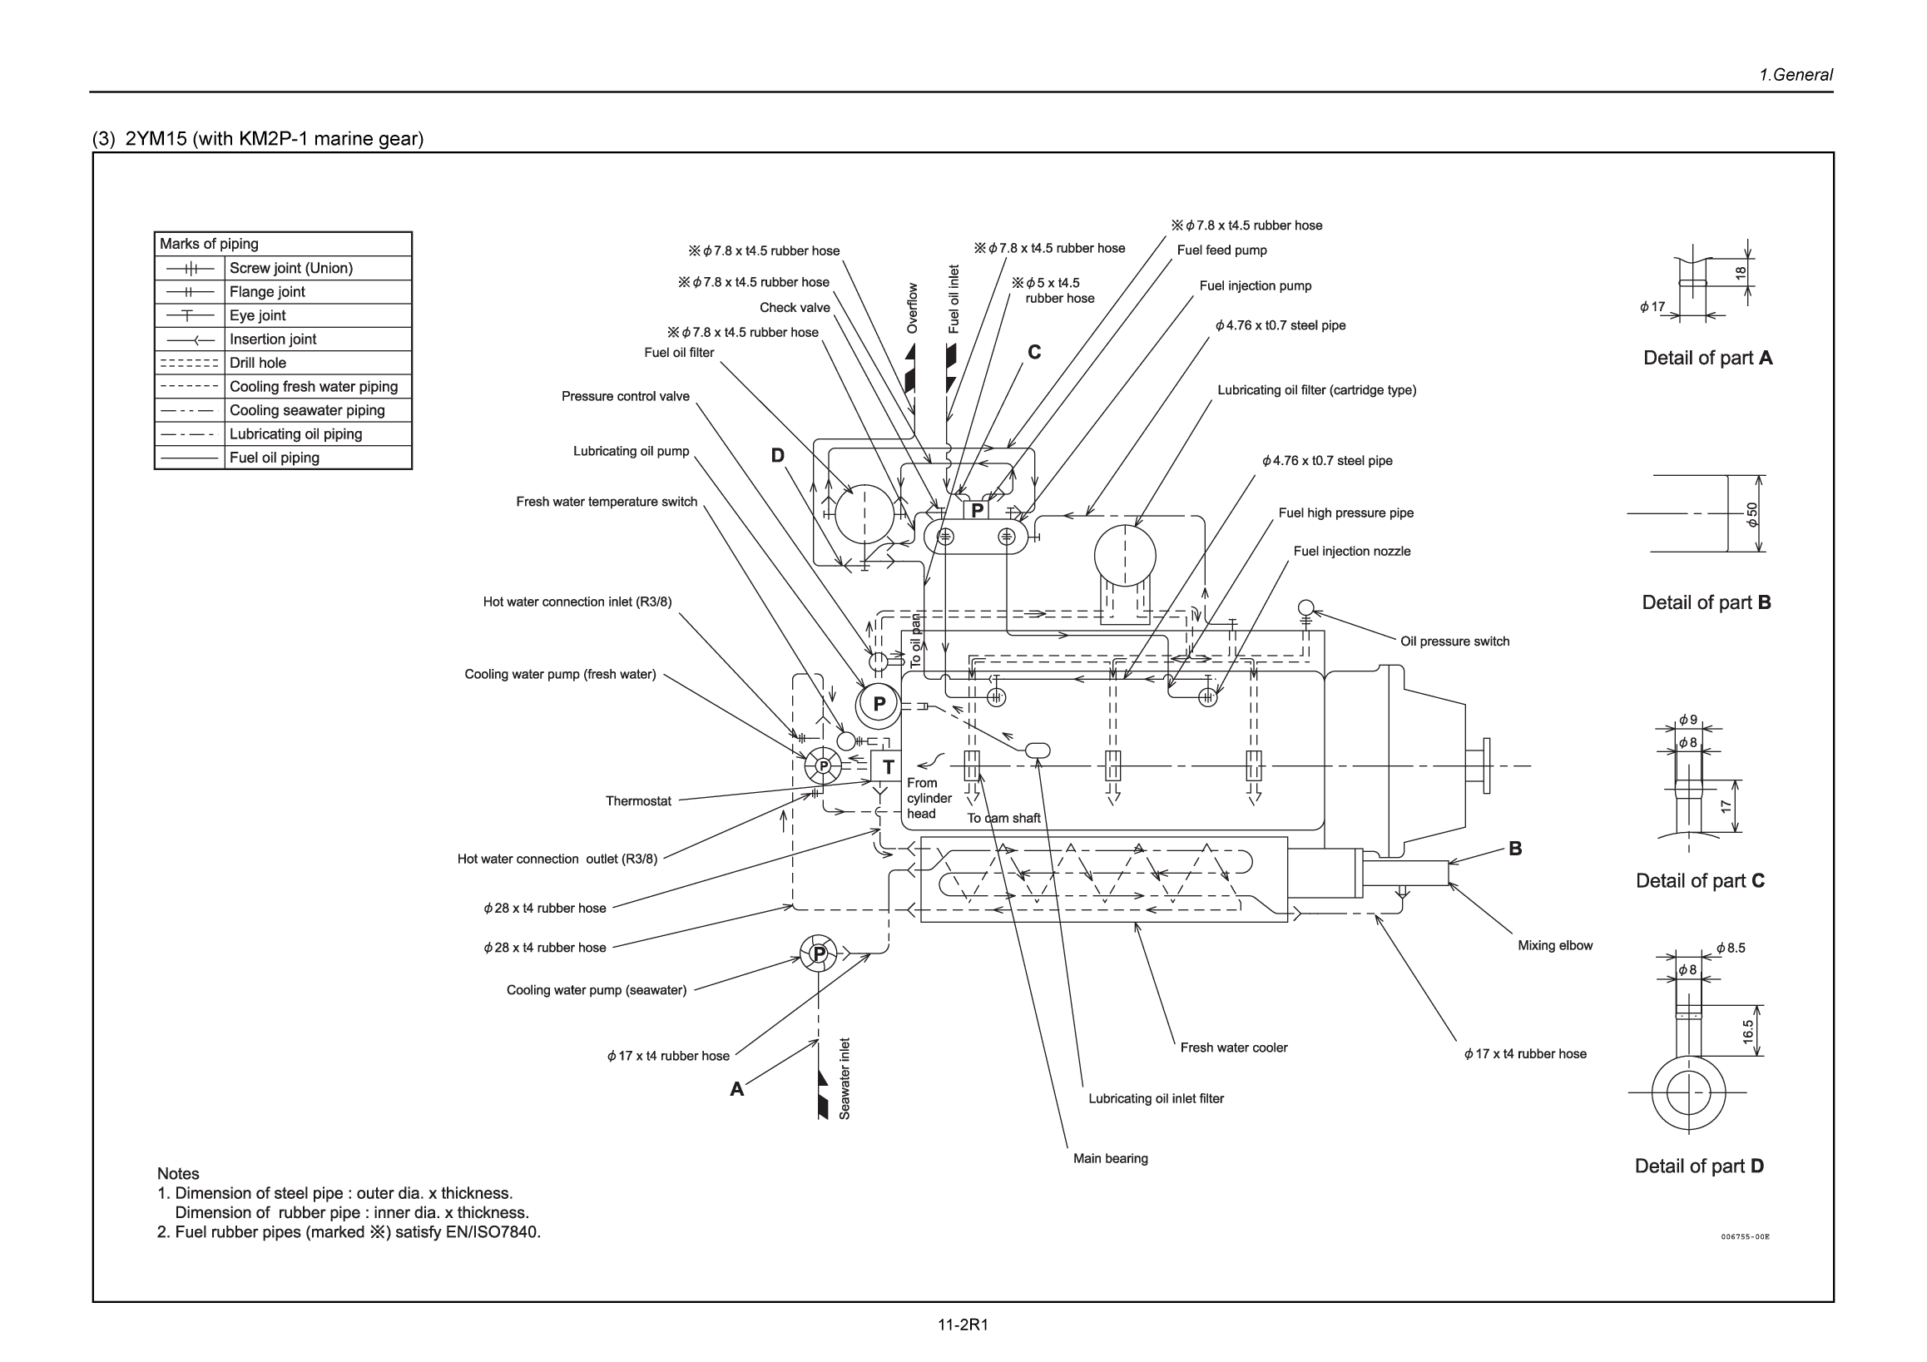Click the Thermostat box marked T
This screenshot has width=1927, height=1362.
tap(886, 766)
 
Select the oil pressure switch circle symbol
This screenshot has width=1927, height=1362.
tap(1305, 607)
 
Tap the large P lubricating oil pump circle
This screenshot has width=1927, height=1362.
tap(878, 704)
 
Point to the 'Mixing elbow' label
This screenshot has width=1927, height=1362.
tap(1554, 945)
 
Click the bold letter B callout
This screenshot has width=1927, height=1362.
tap(1515, 849)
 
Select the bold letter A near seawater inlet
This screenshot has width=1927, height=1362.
tap(736, 1089)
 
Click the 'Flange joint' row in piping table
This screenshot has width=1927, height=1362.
tap(267, 292)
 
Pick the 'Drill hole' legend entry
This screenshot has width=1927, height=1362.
tap(258, 363)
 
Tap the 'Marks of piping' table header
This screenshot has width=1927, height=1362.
tap(210, 244)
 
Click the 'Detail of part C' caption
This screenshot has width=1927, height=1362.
tap(1700, 880)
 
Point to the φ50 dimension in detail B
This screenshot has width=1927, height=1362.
tap(1751, 513)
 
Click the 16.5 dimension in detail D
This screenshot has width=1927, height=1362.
tap(1747, 1031)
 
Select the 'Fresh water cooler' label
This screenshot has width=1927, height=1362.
tap(1233, 1048)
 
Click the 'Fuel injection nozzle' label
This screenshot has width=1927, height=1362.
tap(1351, 552)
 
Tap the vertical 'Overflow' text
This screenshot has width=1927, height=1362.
tap(913, 308)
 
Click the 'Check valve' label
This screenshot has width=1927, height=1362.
tap(794, 308)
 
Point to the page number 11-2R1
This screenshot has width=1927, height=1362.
tap(963, 1325)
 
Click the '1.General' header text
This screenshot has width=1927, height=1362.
tap(1796, 75)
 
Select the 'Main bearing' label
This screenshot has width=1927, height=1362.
tap(1110, 1158)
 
